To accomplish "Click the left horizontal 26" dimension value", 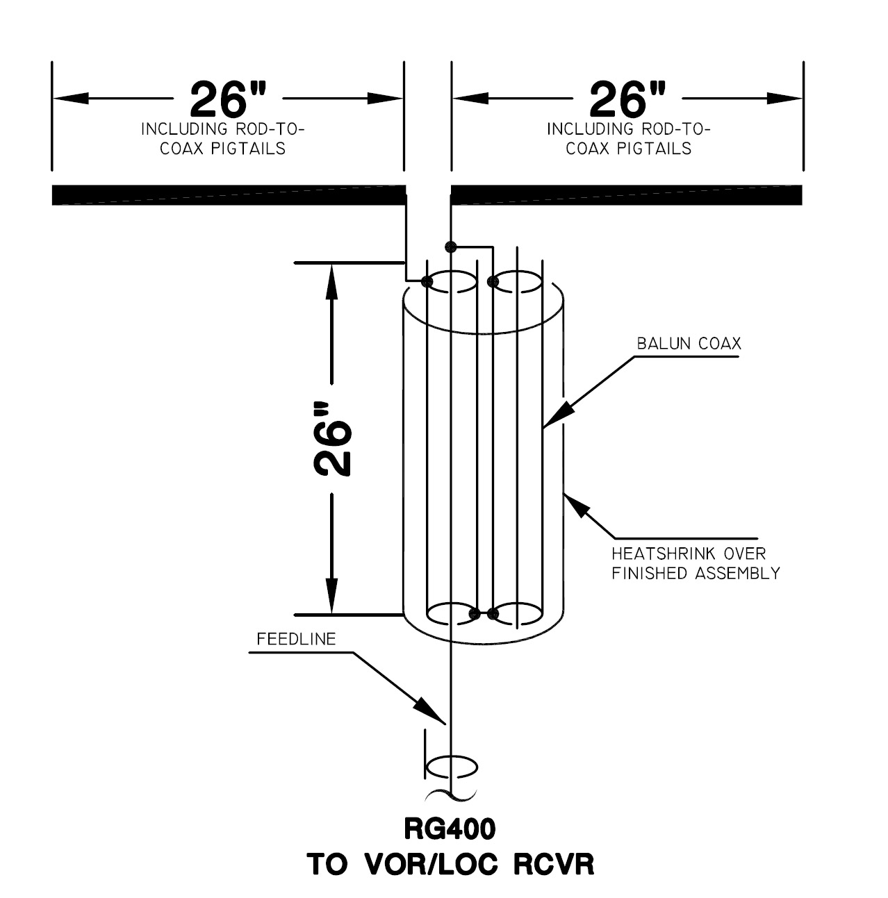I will click(228, 99).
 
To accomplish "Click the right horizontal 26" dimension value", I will click(627, 99).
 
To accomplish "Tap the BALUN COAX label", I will click(689, 344).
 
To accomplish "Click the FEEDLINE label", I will click(296, 639).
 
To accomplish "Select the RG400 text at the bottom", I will click(450, 829).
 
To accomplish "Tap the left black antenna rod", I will click(229, 195).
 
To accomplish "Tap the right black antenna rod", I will click(627, 195).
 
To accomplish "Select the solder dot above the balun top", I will click(450, 246).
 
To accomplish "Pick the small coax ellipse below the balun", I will click(451, 767).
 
